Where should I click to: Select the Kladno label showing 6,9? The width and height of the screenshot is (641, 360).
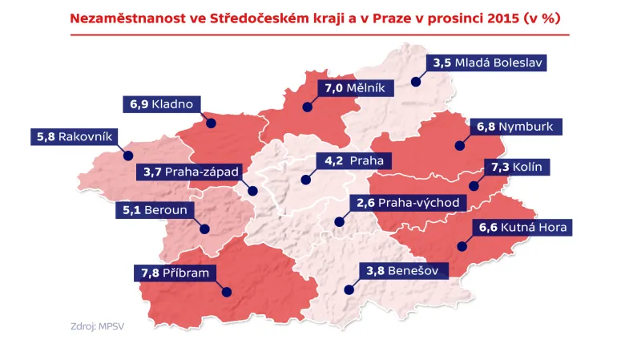click(163, 105)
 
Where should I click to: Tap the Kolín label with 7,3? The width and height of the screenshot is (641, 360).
click(517, 167)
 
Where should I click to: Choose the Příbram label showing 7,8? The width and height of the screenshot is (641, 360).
click(175, 273)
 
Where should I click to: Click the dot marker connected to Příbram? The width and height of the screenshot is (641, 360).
click(227, 293)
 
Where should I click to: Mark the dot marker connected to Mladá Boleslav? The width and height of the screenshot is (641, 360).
click(416, 81)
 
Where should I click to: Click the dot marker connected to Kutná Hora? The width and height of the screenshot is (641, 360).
click(464, 247)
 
